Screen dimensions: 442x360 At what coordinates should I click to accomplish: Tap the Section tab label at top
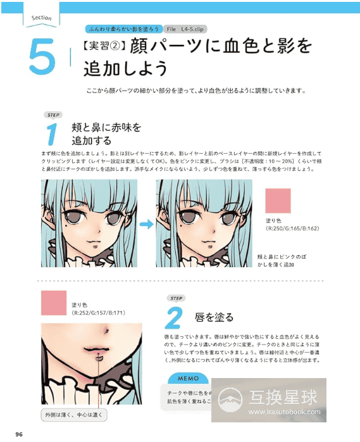[41, 18]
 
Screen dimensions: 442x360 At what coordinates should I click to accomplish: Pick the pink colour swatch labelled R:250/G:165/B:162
[278, 201]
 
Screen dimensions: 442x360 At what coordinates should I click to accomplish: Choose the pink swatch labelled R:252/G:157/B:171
[53, 303]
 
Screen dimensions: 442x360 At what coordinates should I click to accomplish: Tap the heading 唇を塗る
[217, 317]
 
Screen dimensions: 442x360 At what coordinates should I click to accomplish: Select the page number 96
[19, 433]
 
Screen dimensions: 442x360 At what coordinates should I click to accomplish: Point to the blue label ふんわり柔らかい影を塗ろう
[121, 30]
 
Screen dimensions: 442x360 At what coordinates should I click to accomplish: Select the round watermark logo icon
[231, 399]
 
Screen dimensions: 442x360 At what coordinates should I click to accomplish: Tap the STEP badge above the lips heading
[176, 298]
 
